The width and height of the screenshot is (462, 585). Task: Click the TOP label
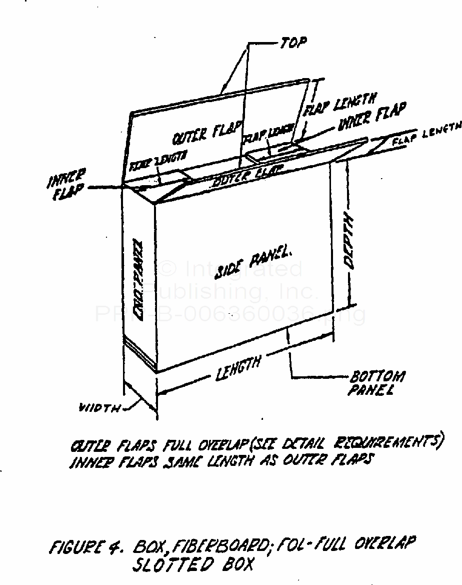click(x=293, y=44)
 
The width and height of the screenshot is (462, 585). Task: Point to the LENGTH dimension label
click(x=238, y=369)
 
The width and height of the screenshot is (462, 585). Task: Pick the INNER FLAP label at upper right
click(x=372, y=117)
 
